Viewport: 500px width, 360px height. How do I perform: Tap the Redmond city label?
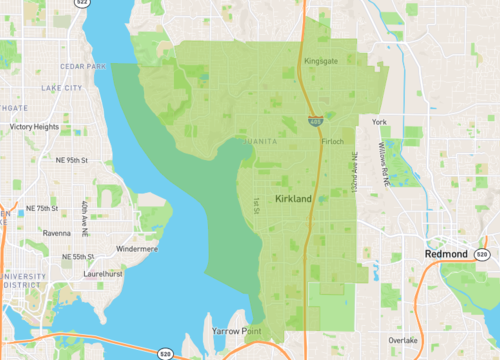click(x=446, y=255)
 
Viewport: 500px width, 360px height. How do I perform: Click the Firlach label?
click(x=333, y=141)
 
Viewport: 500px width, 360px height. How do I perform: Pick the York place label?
click(x=378, y=122)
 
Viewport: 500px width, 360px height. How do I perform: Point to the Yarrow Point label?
click(x=236, y=329)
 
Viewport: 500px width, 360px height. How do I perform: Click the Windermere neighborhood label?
click(x=137, y=247)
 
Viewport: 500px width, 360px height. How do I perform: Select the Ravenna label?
click(x=57, y=232)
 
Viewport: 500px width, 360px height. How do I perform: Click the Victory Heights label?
click(x=34, y=127)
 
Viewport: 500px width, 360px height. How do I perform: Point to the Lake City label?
click(x=62, y=88)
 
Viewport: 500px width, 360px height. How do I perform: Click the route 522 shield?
click(x=81, y=4)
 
